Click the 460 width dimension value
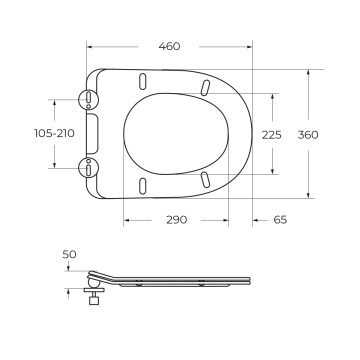click(169, 46)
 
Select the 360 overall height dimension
click(308, 135)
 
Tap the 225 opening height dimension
click(272, 135)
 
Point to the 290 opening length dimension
click(177, 220)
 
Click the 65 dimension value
click(280, 220)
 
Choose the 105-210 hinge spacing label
click(54, 133)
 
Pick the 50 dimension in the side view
click(69, 255)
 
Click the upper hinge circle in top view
click(88, 99)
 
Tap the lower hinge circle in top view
click(88, 168)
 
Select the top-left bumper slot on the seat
click(142, 81)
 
